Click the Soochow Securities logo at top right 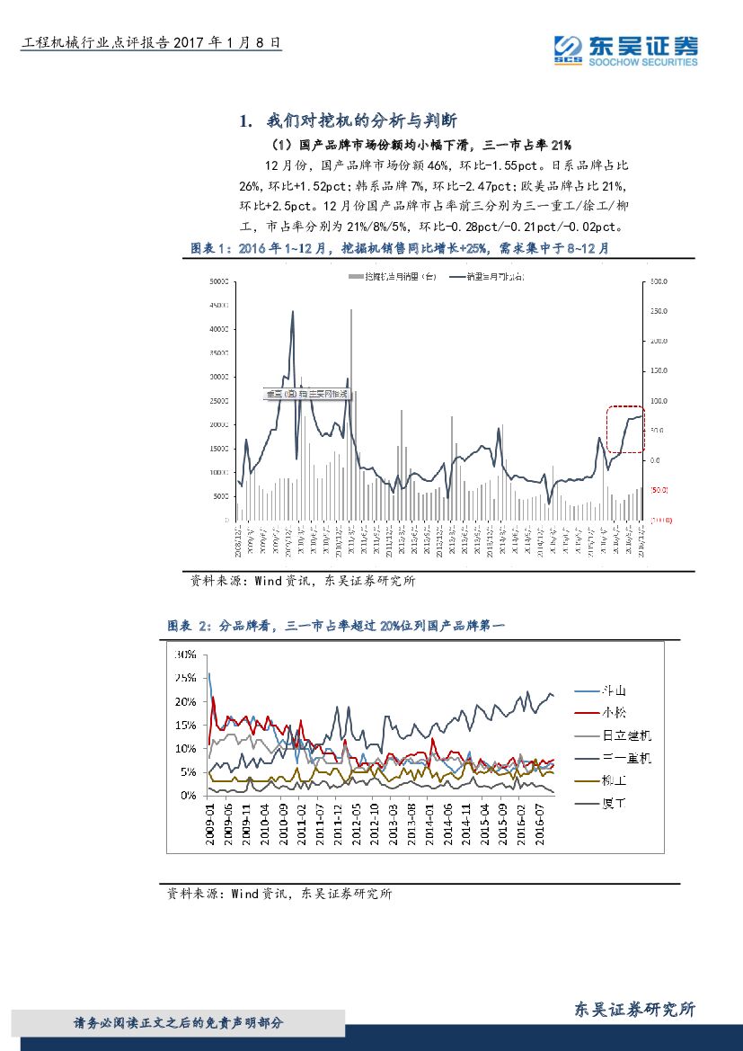(x=625, y=50)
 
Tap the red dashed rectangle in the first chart (x=625, y=429)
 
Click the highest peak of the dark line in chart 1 (x=292, y=312)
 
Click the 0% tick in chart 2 (x=188, y=796)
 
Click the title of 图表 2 (x=338, y=626)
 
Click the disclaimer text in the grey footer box (x=179, y=1022)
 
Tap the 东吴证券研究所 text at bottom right (x=633, y=1010)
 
